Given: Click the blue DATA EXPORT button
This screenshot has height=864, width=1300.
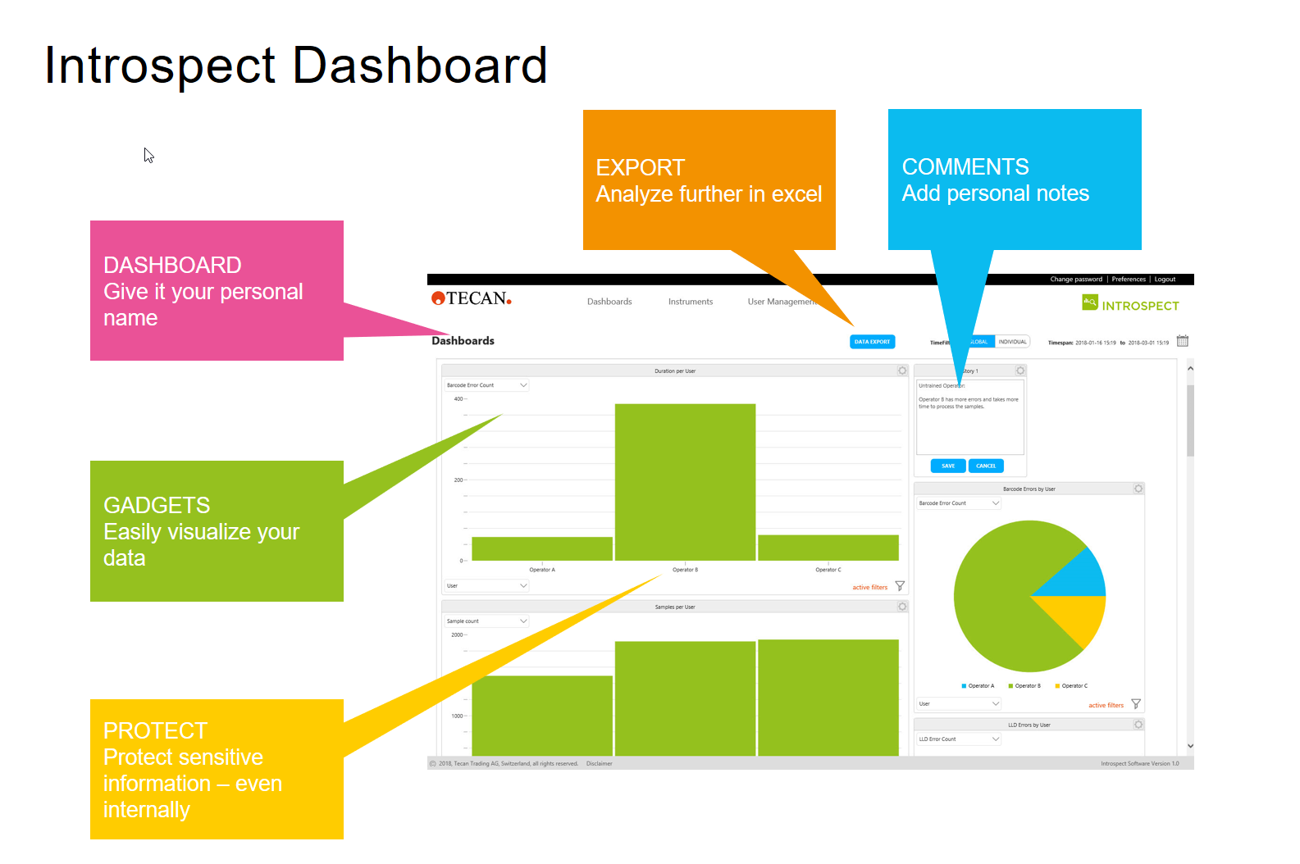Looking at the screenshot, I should (x=872, y=342).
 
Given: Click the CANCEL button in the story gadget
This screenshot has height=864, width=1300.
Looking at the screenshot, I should (x=986, y=466).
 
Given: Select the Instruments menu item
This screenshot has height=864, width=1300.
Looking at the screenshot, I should (x=690, y=302).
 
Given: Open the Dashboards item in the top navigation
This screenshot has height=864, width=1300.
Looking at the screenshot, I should (x=609, y=302).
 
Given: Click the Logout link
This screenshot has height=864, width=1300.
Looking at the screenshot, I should (x=1165, y=280).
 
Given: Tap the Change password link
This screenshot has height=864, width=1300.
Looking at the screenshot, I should (x=1075, y=280).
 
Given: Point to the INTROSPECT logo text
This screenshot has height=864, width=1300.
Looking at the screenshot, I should (x=1140, y=306).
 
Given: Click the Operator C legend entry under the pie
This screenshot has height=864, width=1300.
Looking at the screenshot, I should (x=1072, y=686).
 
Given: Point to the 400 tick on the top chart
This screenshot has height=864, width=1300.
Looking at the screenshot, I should (x=458, y=399).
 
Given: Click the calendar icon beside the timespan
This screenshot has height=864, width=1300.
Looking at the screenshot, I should (x=1182, y=341).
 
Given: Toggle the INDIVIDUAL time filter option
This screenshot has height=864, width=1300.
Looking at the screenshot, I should (x=1012, y=342).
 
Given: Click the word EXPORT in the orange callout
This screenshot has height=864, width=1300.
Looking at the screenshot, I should (x=640, y=168).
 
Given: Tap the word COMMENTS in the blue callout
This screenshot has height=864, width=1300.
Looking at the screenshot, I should (x=965, y=167).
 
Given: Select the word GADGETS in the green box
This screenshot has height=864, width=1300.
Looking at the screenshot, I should (x=157, y=506).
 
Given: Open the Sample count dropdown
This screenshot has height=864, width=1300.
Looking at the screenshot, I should (x=486, y=621).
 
